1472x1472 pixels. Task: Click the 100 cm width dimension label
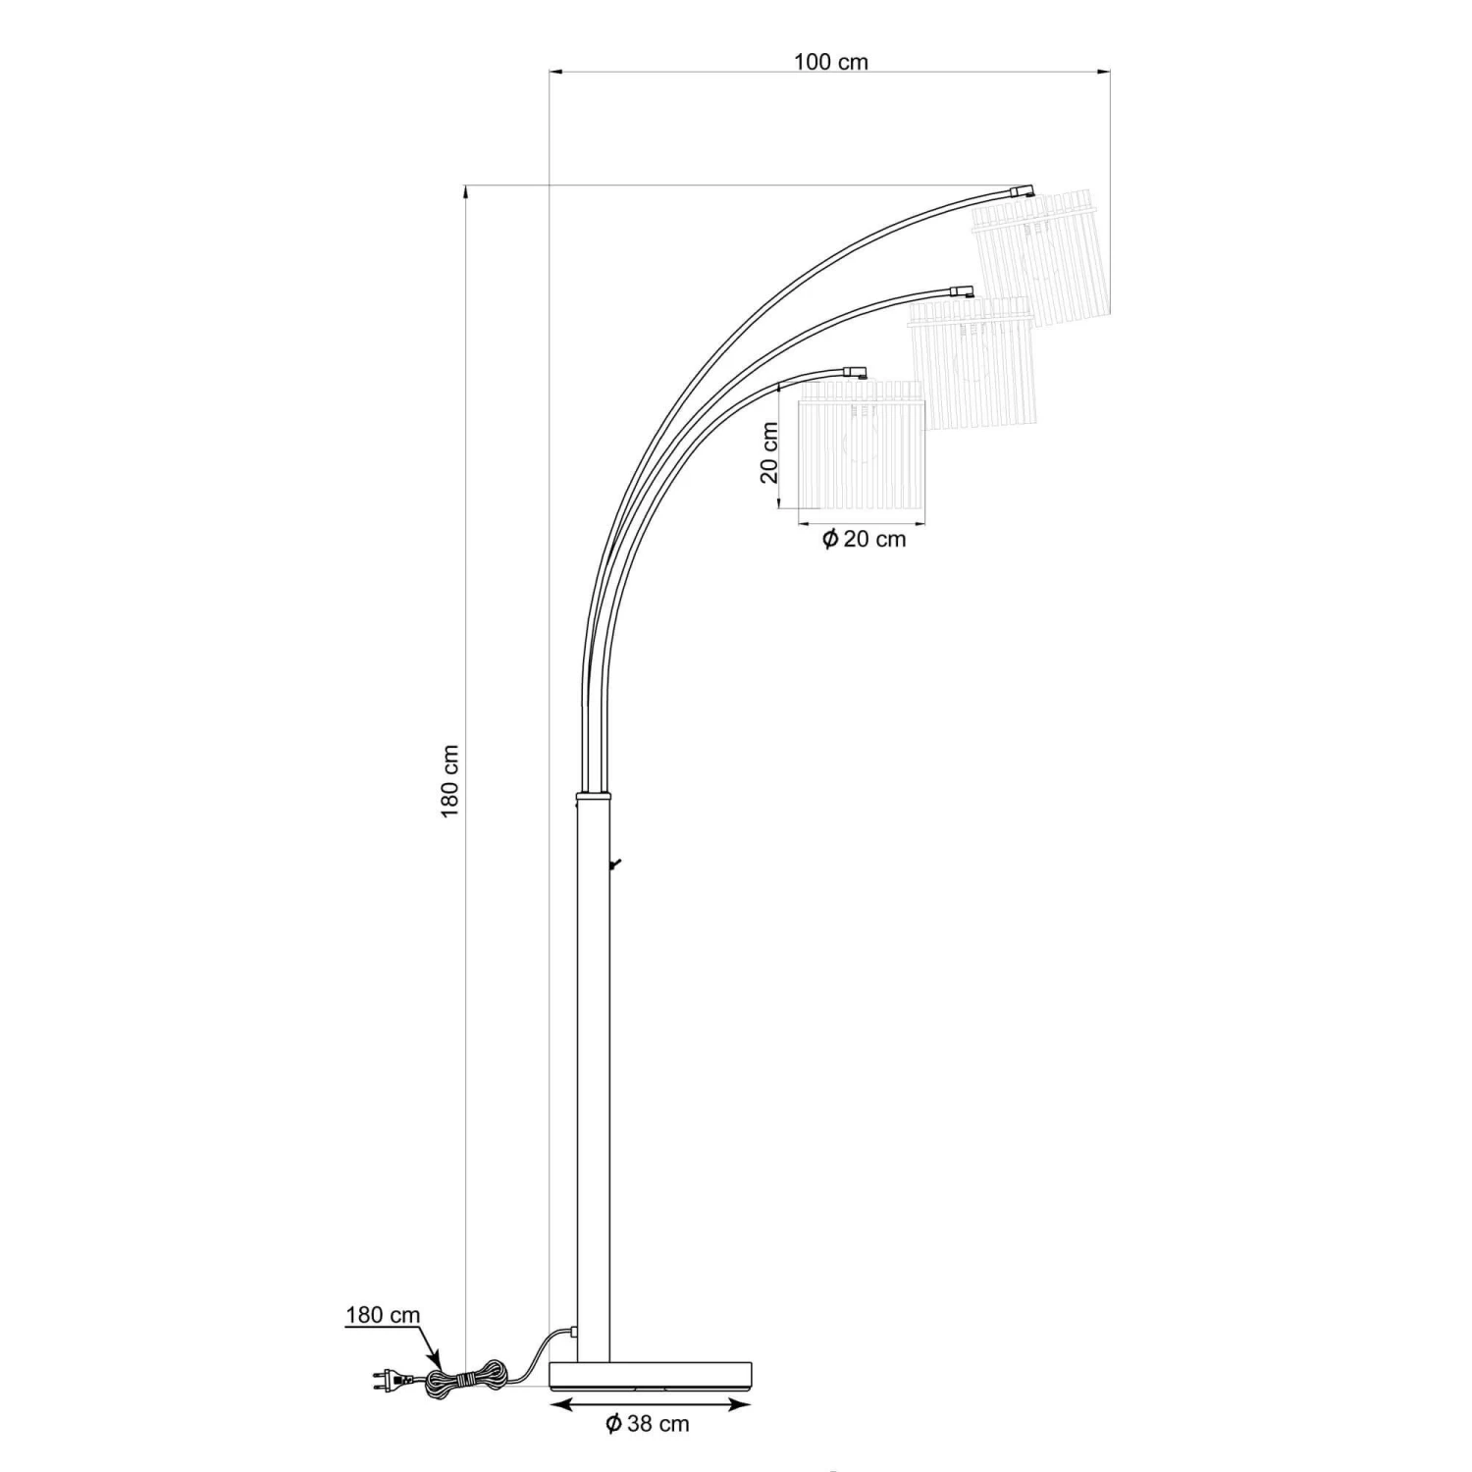coord(831,62)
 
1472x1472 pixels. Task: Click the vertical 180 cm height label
coord(450,782)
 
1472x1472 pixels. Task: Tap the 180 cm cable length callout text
coord(383,1315)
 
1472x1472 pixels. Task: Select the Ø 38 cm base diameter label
coord(648,1423)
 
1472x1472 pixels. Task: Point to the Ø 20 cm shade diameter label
coord(864,539)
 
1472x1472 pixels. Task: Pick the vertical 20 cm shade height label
coord(770,453)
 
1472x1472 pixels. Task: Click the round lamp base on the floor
coord(651,1375)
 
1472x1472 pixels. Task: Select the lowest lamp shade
coord(862,445)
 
